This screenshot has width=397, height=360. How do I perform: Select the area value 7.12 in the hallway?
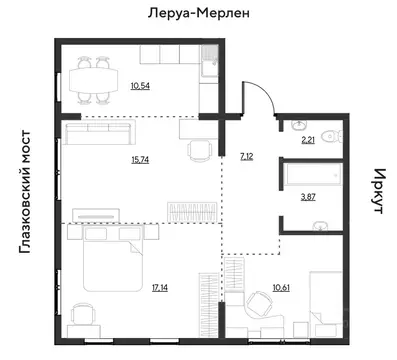point(247,157)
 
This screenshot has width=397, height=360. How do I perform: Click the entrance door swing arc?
point(262,95)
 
